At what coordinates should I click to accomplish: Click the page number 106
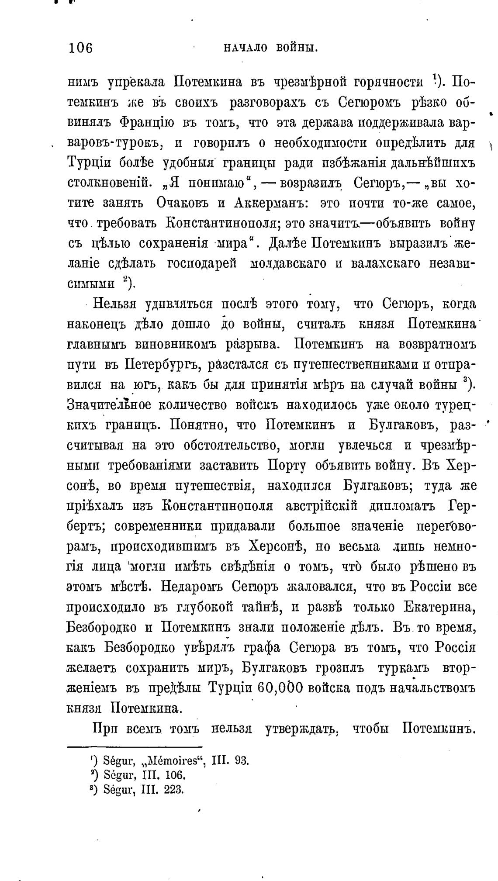pos(81,47)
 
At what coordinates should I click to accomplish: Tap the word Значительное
pos(110,405)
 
